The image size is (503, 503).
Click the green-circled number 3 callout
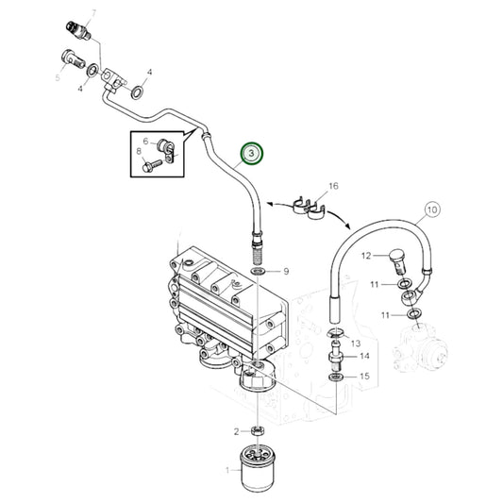pos(251,153)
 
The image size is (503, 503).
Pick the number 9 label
pos(288,272)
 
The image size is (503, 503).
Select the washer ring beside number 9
pos(257,272)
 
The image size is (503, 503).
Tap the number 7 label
pos(92,12)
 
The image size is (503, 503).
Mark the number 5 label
pos(58,78)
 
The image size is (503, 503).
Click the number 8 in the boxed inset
pos(139,150)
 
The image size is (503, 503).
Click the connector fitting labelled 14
pos(335,357)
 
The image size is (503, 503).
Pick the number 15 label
pos(364,377)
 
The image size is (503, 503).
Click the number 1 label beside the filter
pos(226,469)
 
